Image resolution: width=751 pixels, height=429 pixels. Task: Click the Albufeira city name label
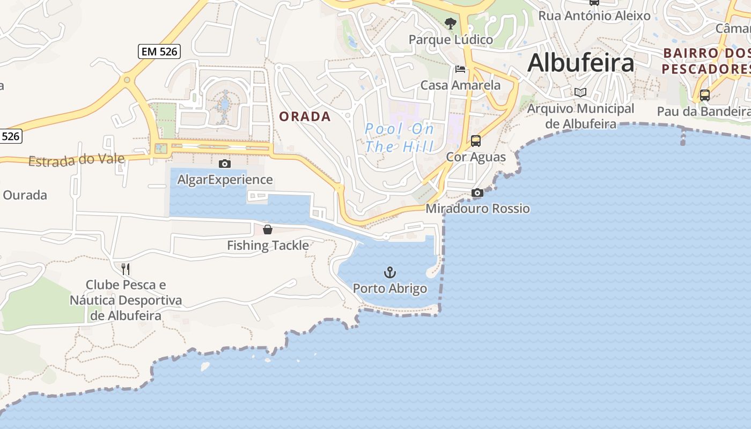point(580,63)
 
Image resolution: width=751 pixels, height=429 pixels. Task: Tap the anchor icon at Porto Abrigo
point(390,272)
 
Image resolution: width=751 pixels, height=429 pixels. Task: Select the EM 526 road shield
point(159,51)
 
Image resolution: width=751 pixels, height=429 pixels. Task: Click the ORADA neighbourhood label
point(305,116)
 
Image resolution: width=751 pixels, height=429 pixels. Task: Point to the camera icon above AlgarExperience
point(225,164)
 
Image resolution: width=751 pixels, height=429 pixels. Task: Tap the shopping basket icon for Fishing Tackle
point(268,230)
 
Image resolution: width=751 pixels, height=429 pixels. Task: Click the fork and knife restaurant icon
point(126,269)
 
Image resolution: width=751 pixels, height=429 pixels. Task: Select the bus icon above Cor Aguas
point(476,141)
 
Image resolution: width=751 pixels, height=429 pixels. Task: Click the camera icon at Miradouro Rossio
point(477,193)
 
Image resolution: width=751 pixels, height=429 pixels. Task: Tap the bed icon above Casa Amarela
point(460,69)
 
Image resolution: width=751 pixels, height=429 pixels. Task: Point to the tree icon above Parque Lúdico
point(451,24)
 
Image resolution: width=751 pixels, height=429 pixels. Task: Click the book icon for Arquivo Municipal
point(580,92)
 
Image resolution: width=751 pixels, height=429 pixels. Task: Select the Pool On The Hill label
point(399,137)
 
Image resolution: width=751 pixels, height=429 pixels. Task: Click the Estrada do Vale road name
point(76,160)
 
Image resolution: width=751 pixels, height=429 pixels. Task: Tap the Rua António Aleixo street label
point(594,16)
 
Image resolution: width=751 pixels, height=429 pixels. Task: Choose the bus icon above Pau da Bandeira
point(704,95)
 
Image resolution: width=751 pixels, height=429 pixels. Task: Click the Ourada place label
point(25,195)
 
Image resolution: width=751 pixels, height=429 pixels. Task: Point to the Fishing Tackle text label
point(268,246)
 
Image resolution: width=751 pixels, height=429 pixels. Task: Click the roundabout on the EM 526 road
point(127,80)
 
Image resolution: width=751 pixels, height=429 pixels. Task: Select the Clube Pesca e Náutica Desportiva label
point(126,300)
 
